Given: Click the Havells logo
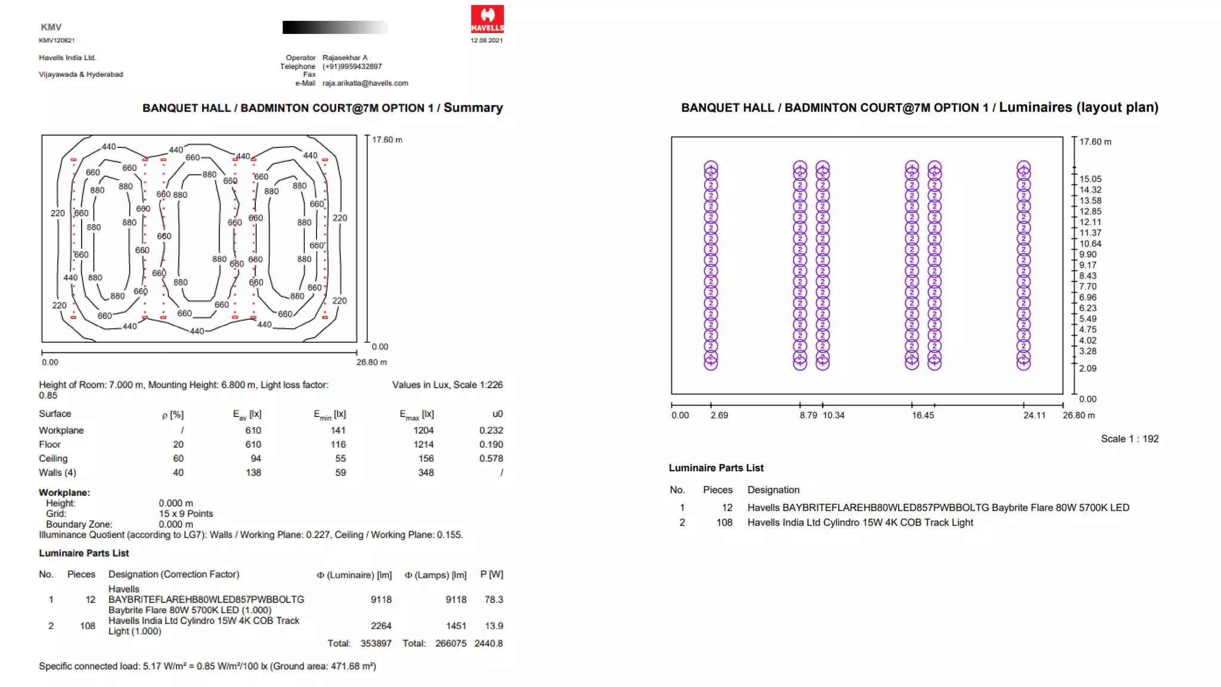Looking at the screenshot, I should pos(487,19).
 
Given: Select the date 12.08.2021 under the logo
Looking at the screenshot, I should pos(486,41).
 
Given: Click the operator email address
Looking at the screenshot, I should pos(365,83).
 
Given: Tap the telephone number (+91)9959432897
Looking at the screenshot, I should pos(352,67).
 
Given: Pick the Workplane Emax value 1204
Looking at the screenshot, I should pos(423,431).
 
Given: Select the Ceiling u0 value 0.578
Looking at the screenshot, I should pos(491,459).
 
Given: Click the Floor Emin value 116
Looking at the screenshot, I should pos(338,445).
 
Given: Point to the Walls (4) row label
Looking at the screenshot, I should pos(57,473).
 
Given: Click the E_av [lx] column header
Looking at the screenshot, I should pos(247,414).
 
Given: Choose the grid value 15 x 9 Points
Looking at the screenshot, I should pos(185,514).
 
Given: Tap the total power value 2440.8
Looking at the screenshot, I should pos(488,643).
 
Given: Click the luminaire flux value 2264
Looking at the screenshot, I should pos(381,626).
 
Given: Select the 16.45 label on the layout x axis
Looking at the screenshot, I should pos(922,416).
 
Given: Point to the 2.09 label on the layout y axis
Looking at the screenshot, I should pos(1087,369).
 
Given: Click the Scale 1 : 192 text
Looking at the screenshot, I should pos(1129,439).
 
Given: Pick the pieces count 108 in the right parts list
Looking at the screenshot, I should pos(724,522).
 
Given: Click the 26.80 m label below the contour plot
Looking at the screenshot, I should pos(371,363).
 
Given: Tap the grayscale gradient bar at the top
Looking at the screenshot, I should pos(334,27).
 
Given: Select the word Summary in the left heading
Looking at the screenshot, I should pos(473,108).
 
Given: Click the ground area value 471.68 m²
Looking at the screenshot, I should pos(352,667).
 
